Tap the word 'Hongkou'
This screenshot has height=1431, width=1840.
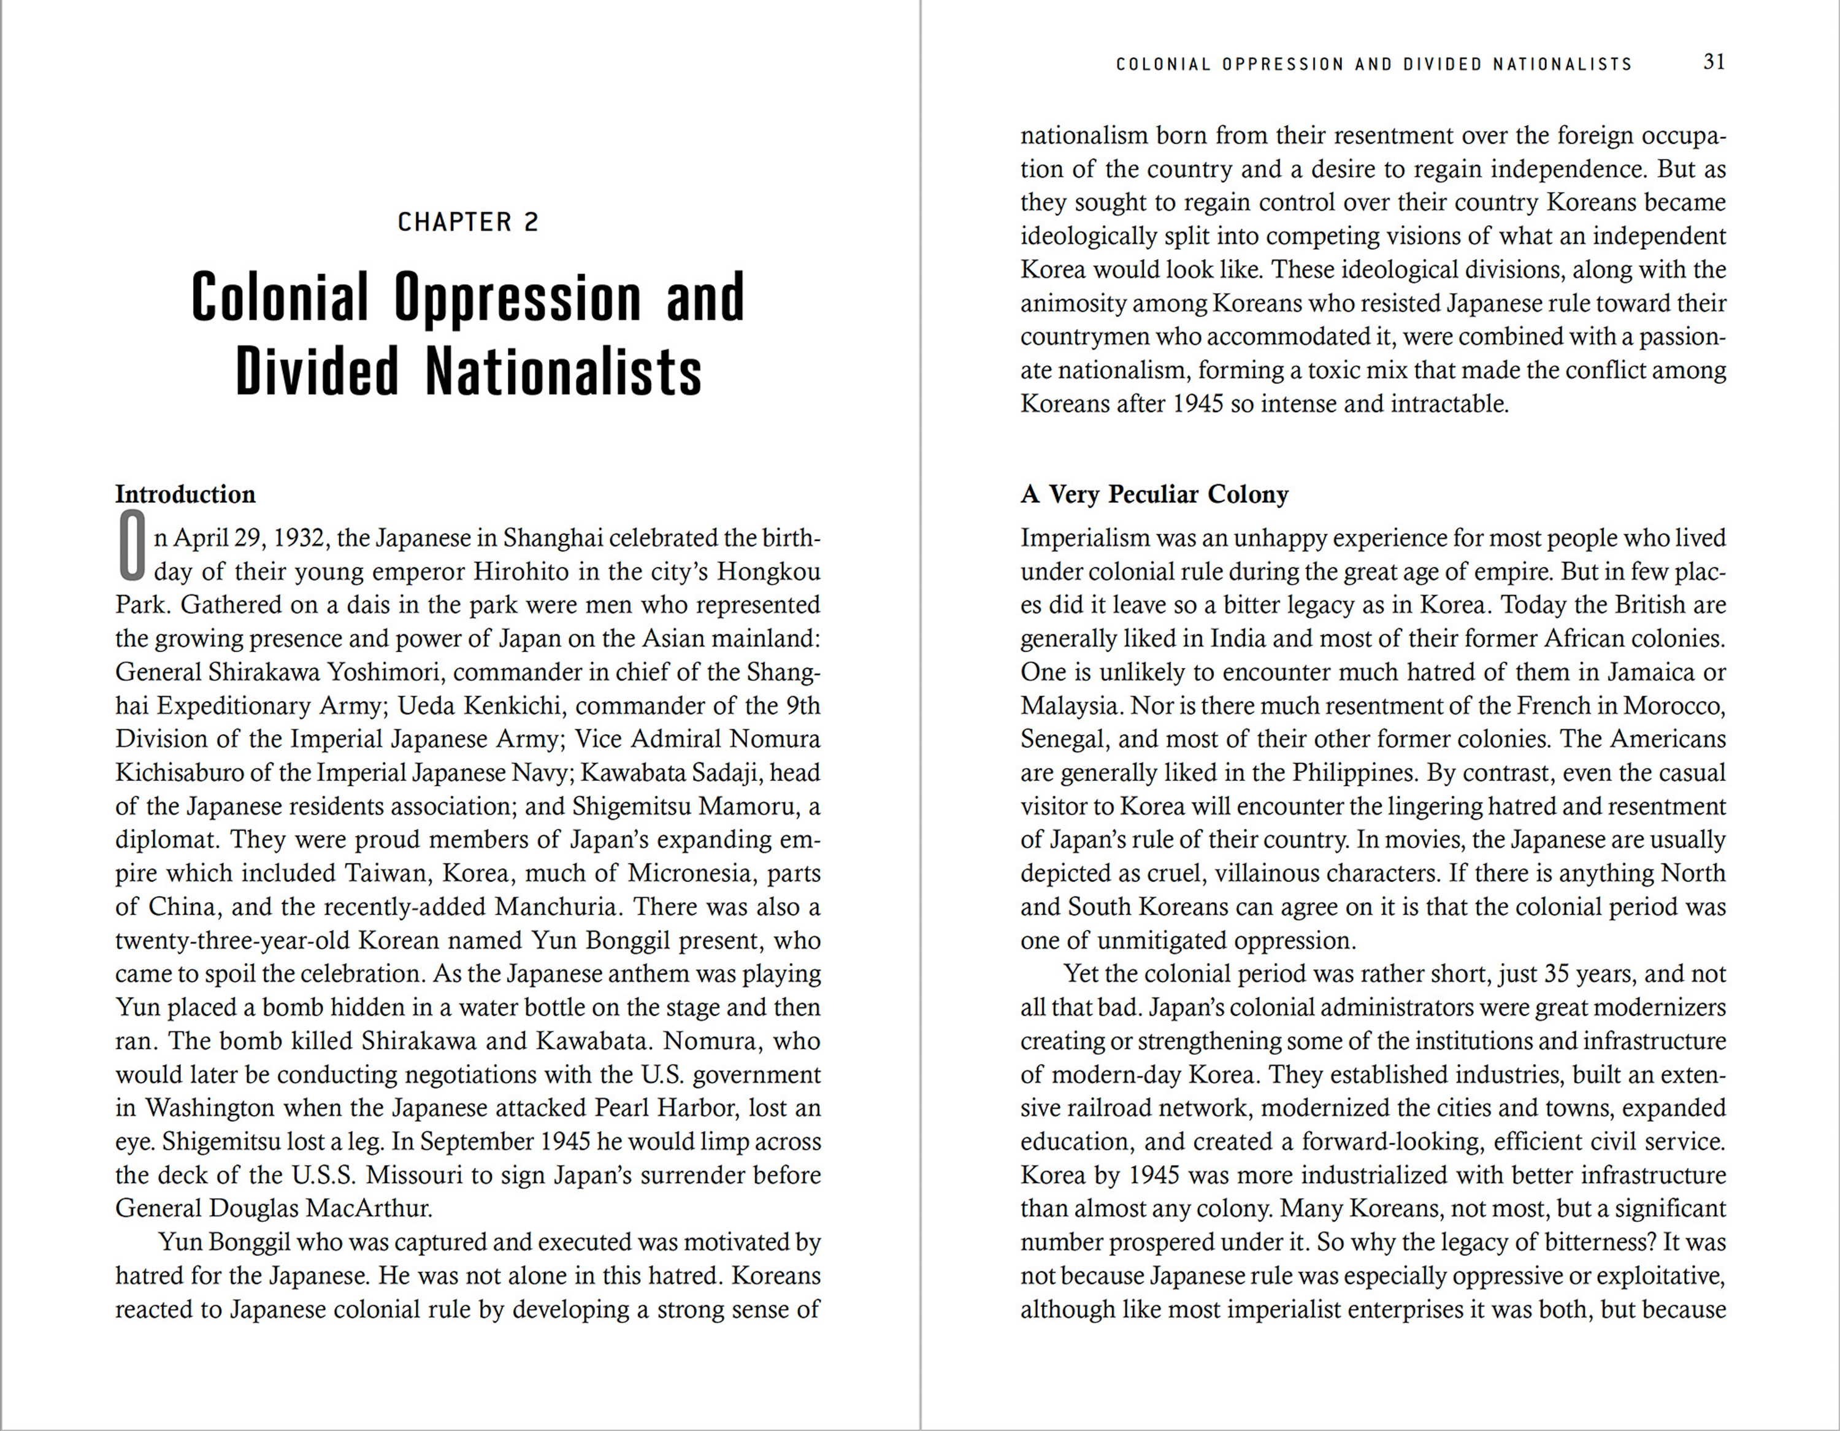tap(769, 572)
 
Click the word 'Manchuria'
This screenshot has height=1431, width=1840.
tap(558, 906)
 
